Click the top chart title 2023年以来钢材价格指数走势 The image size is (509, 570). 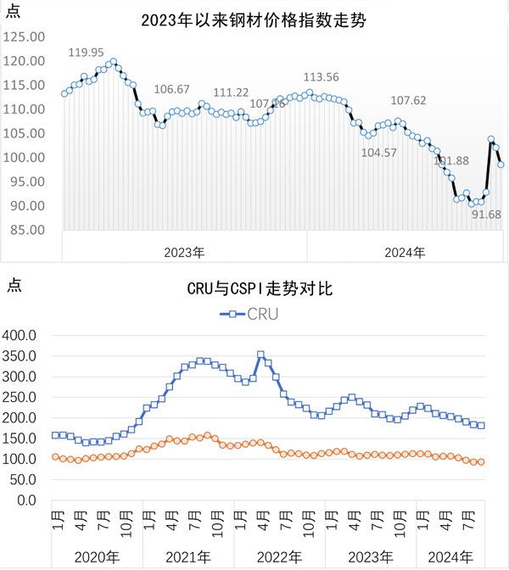pyautogui.click(x=254, y=20)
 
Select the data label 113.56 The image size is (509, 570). pyautogui.click(x=322, y=77)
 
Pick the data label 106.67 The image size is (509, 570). pyautogui.click(x=173, y=90)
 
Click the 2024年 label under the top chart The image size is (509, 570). pyautogui.click(x=405, y=252)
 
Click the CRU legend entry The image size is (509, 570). pyautogui.click(x=251, y=314)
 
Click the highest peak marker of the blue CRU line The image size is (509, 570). pyautogui.click(x=260, y=355)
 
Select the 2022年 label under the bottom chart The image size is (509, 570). pyautogui.click(x=279, y=556)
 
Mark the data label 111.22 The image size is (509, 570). pyautogui.click(x=231, y=92)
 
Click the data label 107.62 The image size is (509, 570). pyautogui.click(x=409, y=100)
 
